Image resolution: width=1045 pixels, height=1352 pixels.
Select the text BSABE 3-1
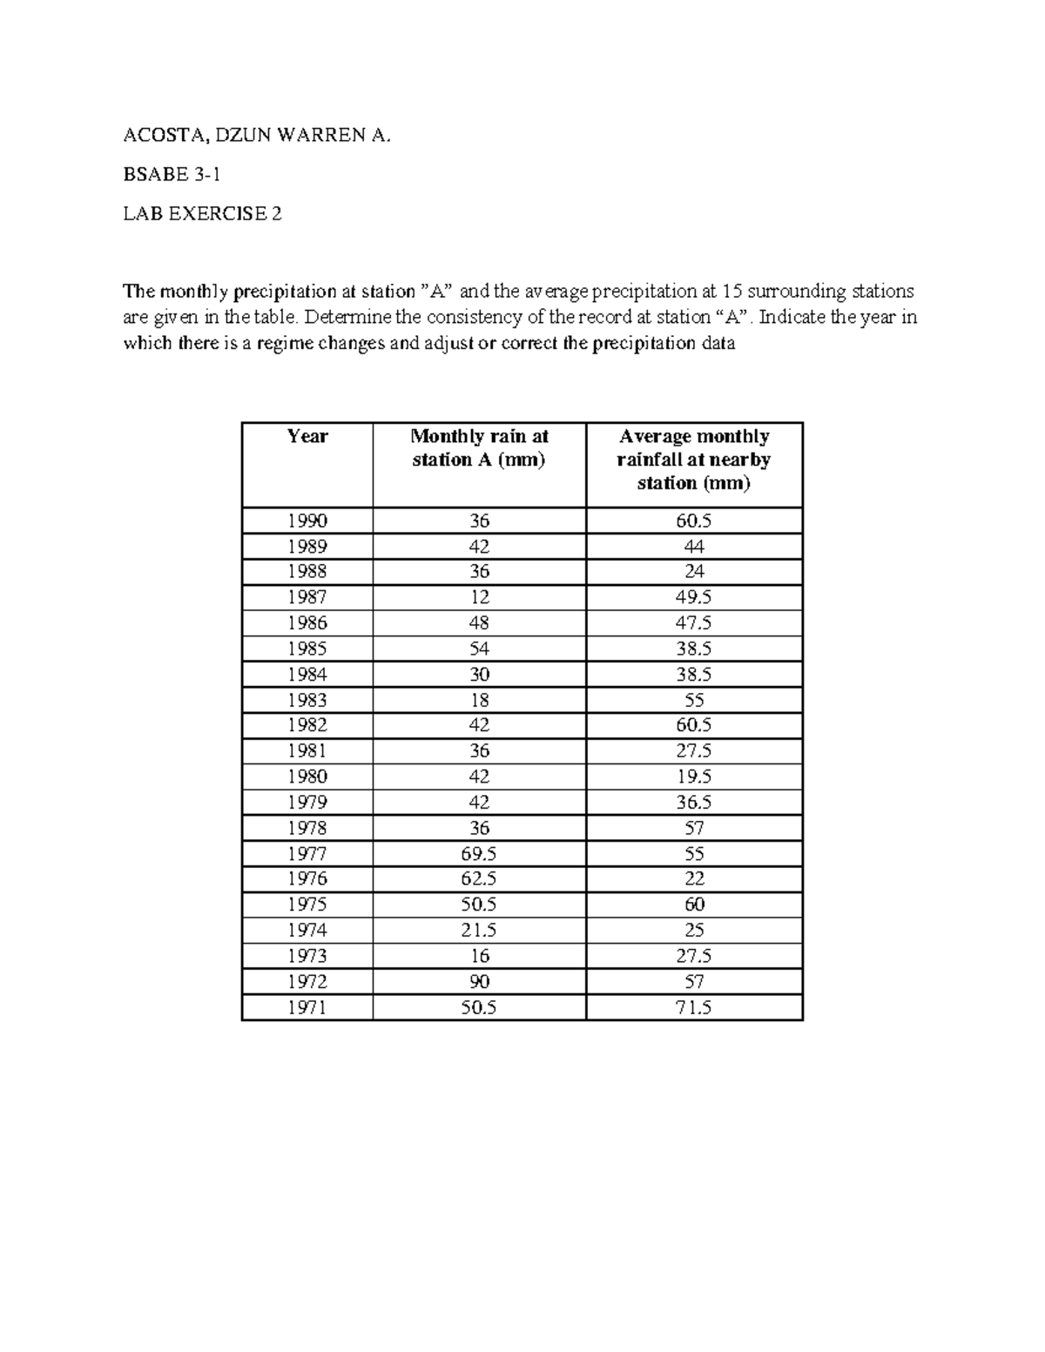172,175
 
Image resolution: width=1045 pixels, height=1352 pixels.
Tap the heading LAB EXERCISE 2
202,213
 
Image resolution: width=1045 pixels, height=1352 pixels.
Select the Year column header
307,437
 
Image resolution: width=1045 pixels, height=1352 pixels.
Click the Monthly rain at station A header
479,448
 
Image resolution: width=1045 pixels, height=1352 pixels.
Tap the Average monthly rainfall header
693,460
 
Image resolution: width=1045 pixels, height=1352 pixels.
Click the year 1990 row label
307,521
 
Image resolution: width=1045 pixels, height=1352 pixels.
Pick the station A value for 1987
479,598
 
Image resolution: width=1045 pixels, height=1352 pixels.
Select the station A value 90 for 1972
479,982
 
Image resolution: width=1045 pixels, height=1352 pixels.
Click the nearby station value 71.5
693,1008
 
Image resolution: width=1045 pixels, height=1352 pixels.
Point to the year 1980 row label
307,777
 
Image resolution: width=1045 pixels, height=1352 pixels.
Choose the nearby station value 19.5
693,777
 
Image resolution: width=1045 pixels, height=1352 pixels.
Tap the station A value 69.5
479,854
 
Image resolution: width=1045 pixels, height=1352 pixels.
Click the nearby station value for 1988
693,572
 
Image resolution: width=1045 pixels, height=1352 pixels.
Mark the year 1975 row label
307,905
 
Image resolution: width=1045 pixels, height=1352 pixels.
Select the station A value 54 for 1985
479,649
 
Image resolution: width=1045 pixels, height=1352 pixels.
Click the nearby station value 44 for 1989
693,547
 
